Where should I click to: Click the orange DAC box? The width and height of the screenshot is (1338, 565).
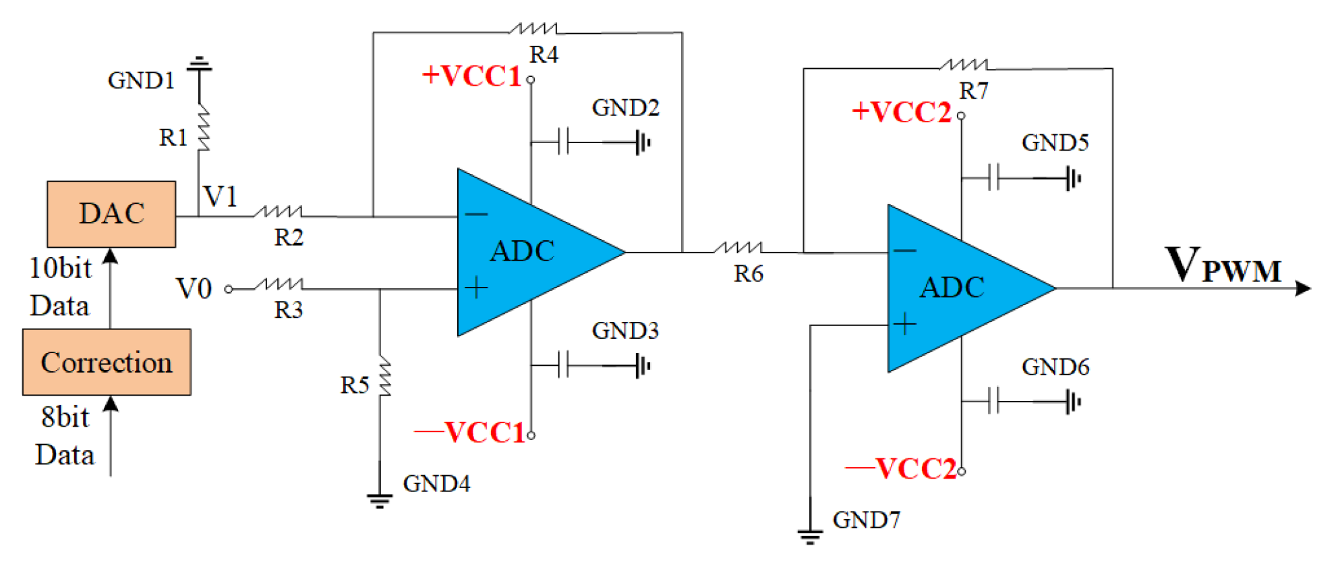[111, 214]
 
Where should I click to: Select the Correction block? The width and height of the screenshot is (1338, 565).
[107, 362]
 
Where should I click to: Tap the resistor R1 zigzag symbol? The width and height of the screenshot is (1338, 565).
[202, 128]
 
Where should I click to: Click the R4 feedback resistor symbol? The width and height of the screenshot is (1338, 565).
[533, 28]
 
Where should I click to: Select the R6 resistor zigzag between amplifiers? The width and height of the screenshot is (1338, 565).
[738, 248]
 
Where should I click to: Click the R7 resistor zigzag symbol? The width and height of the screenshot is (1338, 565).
[963, 65]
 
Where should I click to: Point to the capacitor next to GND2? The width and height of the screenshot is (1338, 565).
[564, 142]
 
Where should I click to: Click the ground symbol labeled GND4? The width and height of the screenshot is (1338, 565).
[380, 501]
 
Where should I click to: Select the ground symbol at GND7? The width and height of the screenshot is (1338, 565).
[810, 537]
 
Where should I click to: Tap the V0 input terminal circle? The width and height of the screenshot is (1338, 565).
[229, 289]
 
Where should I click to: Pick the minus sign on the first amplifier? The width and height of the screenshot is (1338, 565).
[476, 215]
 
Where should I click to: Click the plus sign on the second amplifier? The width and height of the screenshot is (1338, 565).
[905, 325]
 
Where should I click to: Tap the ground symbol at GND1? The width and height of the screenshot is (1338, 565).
[199, 65]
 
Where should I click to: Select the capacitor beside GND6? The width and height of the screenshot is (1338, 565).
[993, 401]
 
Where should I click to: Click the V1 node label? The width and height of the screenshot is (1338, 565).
[221, 197]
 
